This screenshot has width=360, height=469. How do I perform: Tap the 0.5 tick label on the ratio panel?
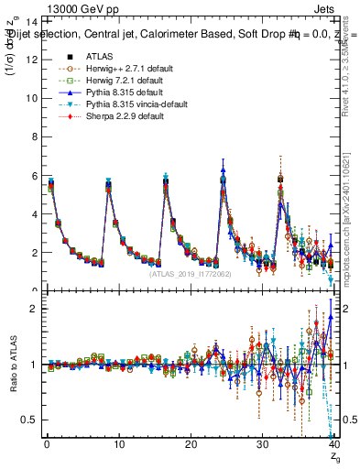(32, 420)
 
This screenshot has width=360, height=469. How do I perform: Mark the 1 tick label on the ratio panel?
(36, 365)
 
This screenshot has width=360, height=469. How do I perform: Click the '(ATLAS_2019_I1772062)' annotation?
(191, 273)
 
